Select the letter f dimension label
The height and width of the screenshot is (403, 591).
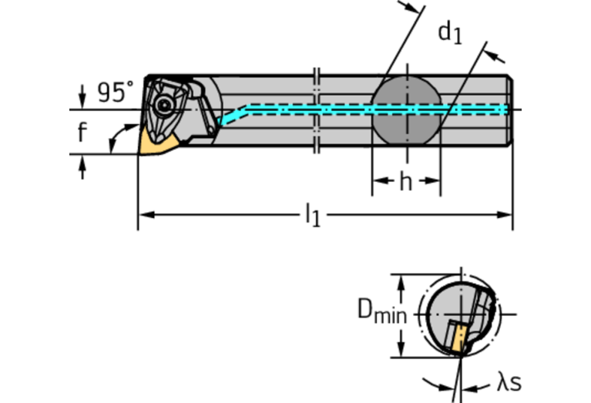(82, 133)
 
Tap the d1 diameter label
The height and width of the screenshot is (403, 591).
(450, 33)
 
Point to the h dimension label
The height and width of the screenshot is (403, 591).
(405, 183)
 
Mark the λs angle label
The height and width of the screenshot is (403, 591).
(509, 382)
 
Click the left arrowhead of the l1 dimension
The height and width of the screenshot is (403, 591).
(143, 213)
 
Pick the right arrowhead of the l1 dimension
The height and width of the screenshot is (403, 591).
(507, 213)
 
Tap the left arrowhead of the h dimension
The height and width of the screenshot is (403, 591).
(378, 183)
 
